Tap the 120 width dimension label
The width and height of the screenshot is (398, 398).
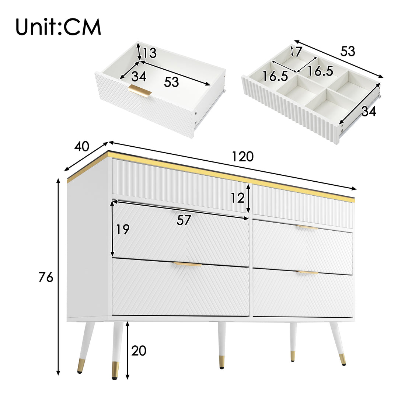point(243,156)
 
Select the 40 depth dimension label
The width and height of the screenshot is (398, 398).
point(81,147)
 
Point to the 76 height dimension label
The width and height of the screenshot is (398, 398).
point(46,277)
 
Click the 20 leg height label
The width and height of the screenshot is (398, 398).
point(139,351)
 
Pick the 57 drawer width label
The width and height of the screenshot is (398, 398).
point(184,220)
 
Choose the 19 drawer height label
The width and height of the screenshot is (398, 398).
point(123,230)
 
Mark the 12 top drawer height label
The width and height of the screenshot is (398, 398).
point(238,198)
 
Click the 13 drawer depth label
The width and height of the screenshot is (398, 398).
point(150,53)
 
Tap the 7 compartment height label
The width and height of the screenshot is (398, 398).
point(298,52)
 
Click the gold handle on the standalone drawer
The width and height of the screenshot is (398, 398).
point(140,91)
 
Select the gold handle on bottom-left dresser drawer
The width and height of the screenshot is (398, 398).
point(187,264)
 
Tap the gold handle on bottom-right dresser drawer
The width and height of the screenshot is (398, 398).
point(307,272)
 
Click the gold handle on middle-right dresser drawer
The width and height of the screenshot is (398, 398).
point(307,227)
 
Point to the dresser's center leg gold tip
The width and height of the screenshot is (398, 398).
point(221,362)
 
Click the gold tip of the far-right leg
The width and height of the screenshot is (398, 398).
point(342,359)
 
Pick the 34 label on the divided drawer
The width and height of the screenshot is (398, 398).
point(368,111)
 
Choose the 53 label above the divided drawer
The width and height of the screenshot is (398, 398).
point(348,51)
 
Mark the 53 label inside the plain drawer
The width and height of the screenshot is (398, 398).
point(171,82)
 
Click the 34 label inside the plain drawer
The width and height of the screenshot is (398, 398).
point(139,76)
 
